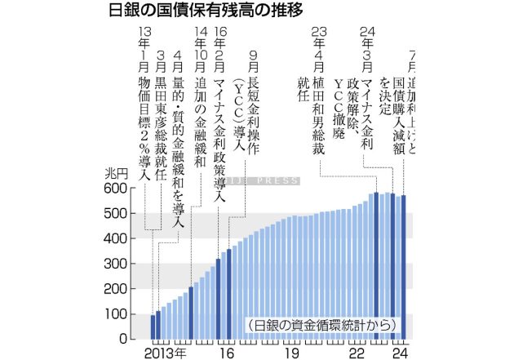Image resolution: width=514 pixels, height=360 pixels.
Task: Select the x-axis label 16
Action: tap(228, 352)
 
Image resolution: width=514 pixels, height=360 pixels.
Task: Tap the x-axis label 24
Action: tap(398, 352)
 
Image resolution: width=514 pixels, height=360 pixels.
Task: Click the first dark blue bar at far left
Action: tap(153, 326)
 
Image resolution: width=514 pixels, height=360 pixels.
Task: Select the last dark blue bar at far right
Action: tap(403, 266)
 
